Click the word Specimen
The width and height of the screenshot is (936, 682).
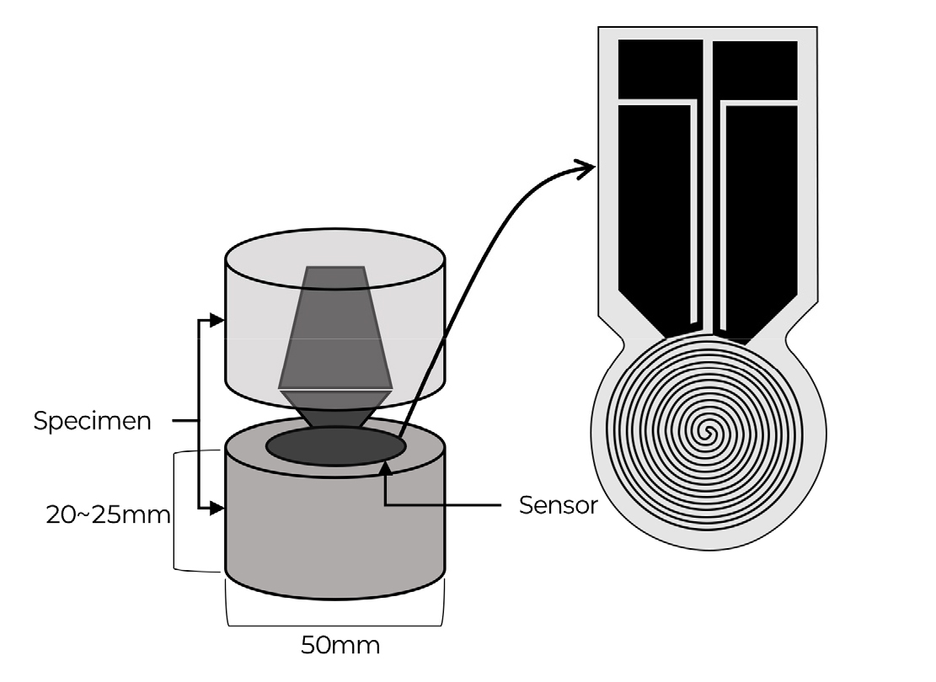pyautogui.click(x=93, y=422)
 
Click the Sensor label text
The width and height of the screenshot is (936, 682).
pyautogui.click(x=558, y=505)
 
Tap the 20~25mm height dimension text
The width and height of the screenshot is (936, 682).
pyautogui.click(x=108, y=514)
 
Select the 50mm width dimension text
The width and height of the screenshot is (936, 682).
pyautogui.click(x=340, y=645)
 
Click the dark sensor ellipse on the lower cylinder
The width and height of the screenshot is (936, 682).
pyautogui.click(x=336, y=446)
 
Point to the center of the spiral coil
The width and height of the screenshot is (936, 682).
pyautogui.click(x=708, y=431)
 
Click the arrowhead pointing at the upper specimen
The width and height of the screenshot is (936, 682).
pyautogui.click(x=217, y=321)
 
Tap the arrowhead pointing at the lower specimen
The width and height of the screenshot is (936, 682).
pyautogui.click(x=217, y=509)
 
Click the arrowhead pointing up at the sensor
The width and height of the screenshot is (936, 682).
pyautogui.click(x=386, y=468)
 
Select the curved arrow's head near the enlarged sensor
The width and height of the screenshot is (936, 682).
pyautogui.click(x=585, y=168)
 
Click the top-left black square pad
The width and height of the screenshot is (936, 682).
pyautogui.click(x=661, y=68)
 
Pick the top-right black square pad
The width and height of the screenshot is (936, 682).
pyautogui.click(x=755, y=68)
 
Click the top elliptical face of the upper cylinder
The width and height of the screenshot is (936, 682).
pyautogui.click(x=335, y=259)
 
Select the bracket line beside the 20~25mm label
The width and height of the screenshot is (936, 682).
pyautogui.click(x=175, y=511)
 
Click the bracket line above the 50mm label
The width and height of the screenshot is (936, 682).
pyautogui.click(x=334, y=626)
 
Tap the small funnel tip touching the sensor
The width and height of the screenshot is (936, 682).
pyautogui.click(x=335, y=409)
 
